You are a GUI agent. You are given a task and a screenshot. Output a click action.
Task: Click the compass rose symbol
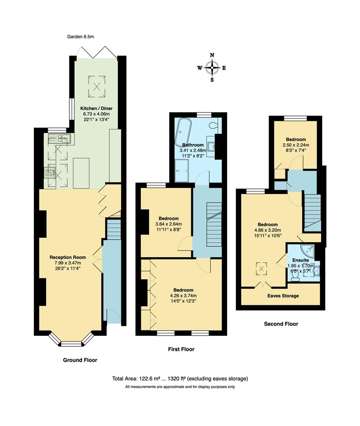point(212,68)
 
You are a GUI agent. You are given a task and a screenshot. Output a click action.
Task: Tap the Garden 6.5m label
point(81,37)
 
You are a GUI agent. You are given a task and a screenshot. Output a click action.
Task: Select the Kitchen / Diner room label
point(94,108)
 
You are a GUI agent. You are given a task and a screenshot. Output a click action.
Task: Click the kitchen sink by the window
point(59,138)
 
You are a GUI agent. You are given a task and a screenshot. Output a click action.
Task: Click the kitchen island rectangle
point(81,172)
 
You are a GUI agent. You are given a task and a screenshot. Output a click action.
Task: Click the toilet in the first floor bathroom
point(213,125)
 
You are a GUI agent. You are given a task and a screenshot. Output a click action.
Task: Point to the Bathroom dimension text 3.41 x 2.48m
point(193,150)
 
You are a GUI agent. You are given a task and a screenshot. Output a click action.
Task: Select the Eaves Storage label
point(283,296)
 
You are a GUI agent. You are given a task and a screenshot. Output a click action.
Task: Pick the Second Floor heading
point(281,324)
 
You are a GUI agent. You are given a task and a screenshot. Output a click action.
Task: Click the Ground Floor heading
point(80,360)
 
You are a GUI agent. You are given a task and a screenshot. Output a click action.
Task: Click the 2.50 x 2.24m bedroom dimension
point(296,145)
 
